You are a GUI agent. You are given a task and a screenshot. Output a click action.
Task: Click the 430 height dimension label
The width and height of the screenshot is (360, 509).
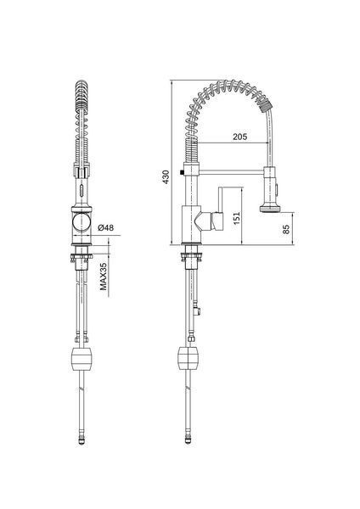[x=166, y=177]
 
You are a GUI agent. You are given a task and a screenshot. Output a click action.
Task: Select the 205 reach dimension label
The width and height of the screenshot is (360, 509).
[x=239, y=137]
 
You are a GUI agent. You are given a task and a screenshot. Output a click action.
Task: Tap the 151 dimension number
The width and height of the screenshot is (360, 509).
[x=237, y=218]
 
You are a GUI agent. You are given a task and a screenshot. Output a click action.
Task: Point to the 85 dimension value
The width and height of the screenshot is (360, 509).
[x=286, y=229]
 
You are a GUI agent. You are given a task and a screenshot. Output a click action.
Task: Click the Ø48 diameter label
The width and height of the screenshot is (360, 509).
[x=106, y=227]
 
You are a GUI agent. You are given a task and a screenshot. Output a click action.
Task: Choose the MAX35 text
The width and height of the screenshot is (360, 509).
[x=103, y=277]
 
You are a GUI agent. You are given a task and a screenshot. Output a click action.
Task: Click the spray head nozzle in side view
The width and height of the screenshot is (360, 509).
[x=270, y=208]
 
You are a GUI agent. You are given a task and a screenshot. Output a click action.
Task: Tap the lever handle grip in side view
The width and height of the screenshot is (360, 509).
[x=218, y=221]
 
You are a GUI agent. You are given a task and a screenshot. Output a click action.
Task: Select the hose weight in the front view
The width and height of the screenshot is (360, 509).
[x=82, y=360]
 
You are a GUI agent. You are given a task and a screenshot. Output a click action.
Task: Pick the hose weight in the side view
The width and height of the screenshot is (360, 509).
[x=188, y=358]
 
